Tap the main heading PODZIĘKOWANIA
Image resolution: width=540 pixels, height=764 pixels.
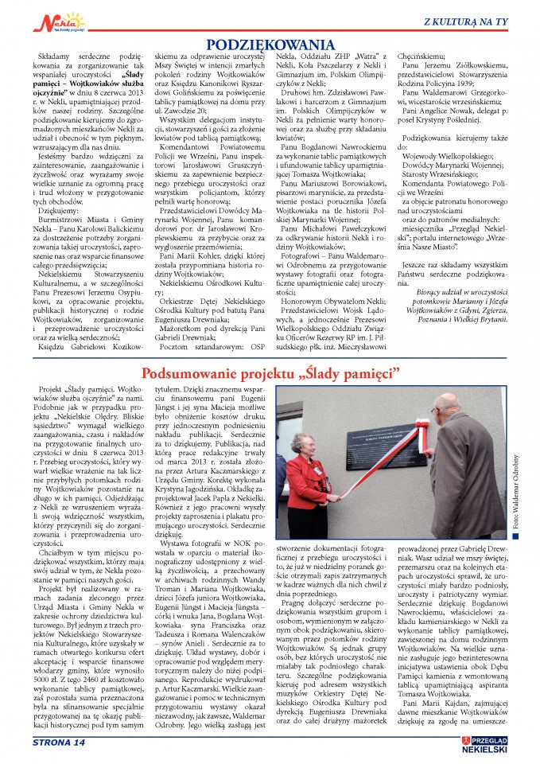[270, 45]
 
